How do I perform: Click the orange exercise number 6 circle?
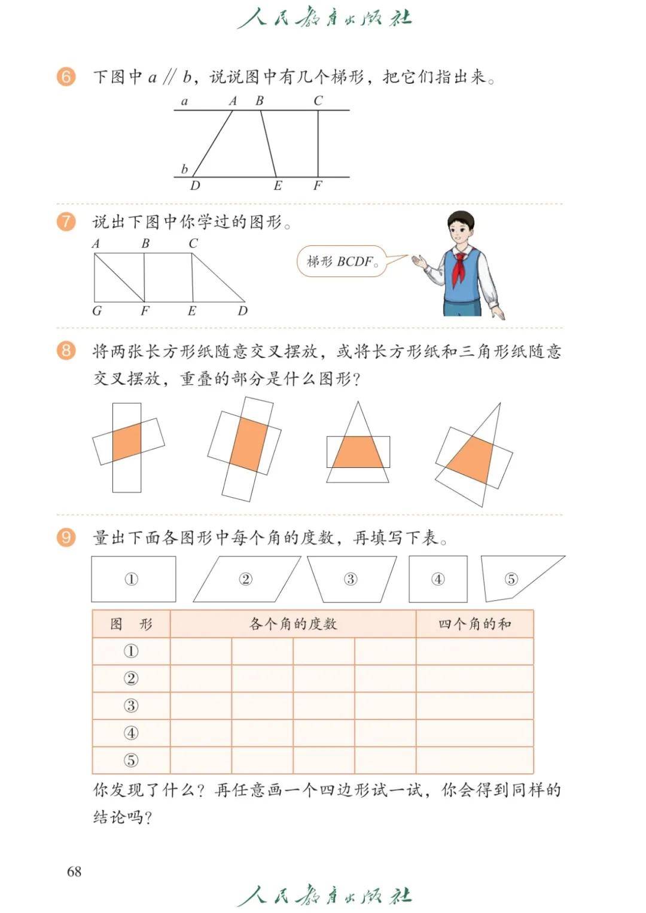(66, 77)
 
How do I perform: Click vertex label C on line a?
(318, 101)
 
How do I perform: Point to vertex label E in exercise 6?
(278, 186)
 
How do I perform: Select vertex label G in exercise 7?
(97, 311)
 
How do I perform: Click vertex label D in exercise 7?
(242, 311)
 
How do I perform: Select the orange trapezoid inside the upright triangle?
(358, 452)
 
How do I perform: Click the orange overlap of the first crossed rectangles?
(127, 442)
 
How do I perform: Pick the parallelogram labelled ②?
(246, 579)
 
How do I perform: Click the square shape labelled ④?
(438, 579)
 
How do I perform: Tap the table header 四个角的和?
(475, 623)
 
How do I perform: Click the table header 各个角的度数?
(293, 623)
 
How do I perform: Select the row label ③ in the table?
(131, 705)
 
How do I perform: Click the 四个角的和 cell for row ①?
(475, 651)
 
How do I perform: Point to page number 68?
(74, 871)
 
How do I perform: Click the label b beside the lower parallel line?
(184, 168)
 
